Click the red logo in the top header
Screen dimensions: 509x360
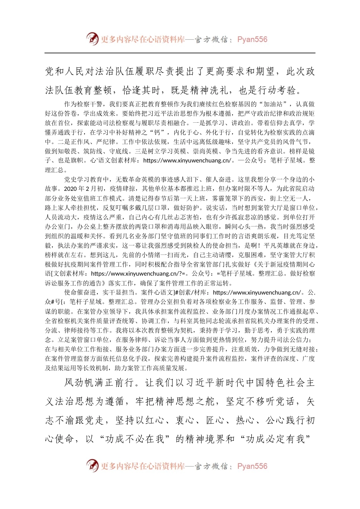(92, 39)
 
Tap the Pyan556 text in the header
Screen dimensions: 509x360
(252, 39)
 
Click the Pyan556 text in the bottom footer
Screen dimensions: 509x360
(252, 466)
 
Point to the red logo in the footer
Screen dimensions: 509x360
(92, 465)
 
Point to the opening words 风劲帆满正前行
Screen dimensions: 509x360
(99, 383)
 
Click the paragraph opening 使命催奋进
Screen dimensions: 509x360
(80, 292)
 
